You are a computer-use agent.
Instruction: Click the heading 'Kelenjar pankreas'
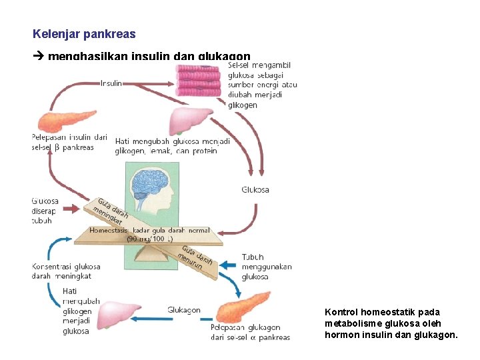[84, 33]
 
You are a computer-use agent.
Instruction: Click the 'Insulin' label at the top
[111, 83]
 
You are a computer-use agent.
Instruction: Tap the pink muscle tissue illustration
[198, 83]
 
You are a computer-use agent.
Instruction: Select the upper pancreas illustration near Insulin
[60, 120]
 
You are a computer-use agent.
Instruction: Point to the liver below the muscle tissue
[192, 121]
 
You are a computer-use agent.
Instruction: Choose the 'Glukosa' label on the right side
[255, 190]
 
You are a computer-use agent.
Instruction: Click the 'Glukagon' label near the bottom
[184, 310]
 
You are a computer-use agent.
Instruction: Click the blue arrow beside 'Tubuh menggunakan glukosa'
[228, 265]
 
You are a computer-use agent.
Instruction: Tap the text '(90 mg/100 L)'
[151, 238]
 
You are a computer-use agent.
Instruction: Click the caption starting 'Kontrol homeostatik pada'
[391, 323]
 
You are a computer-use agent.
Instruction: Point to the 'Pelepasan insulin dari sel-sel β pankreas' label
[69, 143]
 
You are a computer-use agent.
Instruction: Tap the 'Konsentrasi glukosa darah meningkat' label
[61, 271]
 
